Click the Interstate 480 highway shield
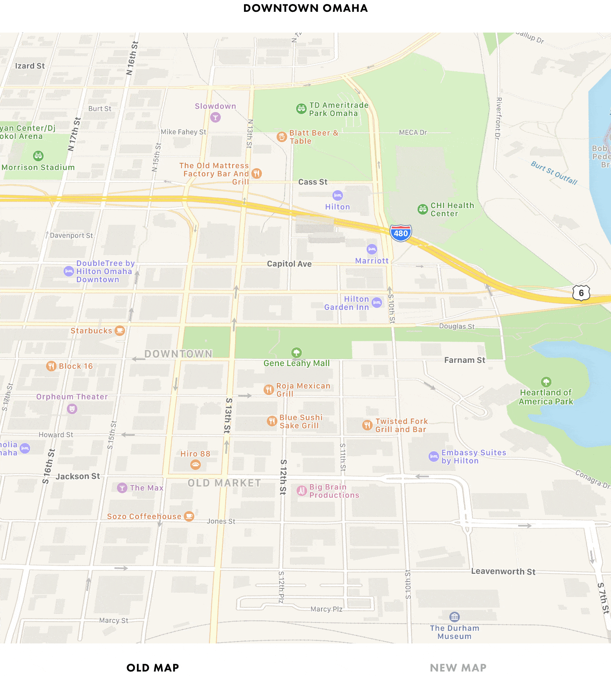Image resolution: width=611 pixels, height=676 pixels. [401, 233]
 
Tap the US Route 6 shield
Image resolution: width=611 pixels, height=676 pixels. [581, 293]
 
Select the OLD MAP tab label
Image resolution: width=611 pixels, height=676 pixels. [153, 668]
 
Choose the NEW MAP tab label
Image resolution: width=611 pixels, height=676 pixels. [458, 668]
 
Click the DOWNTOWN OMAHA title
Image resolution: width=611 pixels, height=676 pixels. [305, 8]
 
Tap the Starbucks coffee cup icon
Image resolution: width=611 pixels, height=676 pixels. [120, 330]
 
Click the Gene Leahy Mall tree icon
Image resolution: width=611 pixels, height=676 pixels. [297, 353]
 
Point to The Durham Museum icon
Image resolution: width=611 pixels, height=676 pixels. [455, 617]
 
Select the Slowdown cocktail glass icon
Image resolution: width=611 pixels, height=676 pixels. [215, 118]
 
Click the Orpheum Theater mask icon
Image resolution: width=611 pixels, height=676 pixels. [72, 408]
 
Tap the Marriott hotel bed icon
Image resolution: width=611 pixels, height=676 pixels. [372, 249]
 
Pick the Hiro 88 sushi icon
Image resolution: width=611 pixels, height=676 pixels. [196, 465]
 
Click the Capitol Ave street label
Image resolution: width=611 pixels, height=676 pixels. [289, 264]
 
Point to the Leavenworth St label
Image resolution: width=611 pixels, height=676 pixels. [503, 571]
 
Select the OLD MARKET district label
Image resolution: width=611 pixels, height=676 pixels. [224, 483]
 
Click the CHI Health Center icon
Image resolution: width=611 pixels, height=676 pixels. [423, 209]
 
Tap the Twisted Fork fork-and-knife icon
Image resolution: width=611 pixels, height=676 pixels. [367, 425]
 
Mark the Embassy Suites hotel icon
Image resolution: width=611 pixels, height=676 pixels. [434, 457]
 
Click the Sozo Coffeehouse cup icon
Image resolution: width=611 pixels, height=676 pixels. [189, 516]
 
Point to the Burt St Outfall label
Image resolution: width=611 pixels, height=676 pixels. [554, 173]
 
